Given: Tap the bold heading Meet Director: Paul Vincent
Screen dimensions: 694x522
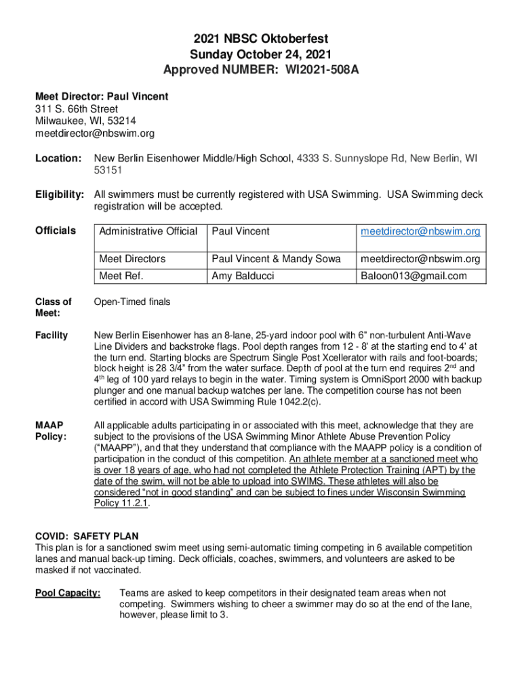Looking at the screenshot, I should [102, 97].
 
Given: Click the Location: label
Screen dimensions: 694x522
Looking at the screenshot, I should [58, 158].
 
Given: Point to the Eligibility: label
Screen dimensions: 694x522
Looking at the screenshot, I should [60, 195].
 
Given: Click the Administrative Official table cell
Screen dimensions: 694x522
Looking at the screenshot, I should [148, 232].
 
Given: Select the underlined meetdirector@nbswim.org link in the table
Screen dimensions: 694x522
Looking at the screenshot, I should [420, 232].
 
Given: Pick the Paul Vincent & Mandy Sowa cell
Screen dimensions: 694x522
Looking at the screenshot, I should [276, 259].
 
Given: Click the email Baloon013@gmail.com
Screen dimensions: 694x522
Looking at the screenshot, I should [414, 276].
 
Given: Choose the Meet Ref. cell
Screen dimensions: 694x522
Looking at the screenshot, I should [121, 276].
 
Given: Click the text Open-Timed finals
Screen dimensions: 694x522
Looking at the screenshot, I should [132, 302].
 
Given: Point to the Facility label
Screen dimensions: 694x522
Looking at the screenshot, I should [52, 335].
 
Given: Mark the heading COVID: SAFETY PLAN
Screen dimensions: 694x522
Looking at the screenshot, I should [87, 537].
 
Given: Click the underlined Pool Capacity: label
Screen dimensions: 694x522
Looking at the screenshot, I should [68, 594].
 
